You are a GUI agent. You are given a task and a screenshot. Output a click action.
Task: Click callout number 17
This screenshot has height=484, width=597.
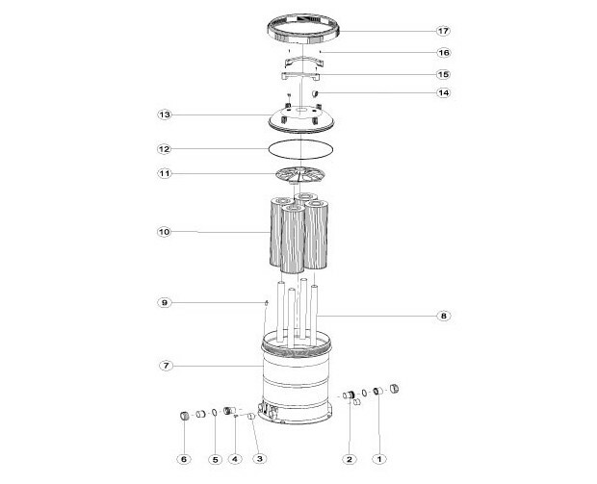click(x=443, y=31)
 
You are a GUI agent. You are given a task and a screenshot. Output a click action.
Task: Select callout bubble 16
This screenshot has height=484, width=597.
click(x=444, y=53)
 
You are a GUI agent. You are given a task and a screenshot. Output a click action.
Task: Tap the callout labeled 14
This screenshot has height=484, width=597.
click(x=444, y=92)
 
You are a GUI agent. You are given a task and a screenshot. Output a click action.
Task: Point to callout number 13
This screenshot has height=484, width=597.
click(x=164, y=115)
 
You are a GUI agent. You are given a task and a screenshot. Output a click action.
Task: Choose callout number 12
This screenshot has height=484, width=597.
click(x=164, y=149)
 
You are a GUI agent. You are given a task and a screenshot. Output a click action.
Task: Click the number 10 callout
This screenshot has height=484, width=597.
click(x=164, y=232)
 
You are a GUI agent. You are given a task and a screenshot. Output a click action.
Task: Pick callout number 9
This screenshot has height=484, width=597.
click(x=164, y=303)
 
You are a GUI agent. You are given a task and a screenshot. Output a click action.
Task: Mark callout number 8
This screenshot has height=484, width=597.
click(x=444, y=316)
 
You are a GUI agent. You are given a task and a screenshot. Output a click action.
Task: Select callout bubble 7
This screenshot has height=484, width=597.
click(x=166, y=366)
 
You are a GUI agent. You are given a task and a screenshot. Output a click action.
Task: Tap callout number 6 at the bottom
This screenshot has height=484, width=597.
click(x=184, y=459)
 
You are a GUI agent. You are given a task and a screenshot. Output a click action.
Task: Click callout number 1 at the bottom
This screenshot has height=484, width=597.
click(x=378, y=459)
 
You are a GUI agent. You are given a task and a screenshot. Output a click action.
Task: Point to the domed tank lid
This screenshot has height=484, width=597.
click(x=302, y=120)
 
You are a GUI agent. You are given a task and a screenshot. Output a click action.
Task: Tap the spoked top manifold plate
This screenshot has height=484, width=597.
click(x=300, y=175)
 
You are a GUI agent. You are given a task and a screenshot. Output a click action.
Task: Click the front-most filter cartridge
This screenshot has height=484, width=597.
click(x=293, y=239)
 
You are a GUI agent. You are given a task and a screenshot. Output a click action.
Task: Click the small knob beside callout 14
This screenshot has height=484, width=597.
click(x=315, y=93)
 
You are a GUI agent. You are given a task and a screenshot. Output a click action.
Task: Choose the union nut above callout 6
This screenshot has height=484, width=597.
click(x=184, y=415)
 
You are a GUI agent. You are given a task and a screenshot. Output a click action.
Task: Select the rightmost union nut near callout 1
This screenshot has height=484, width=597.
click(x=394, y=389)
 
